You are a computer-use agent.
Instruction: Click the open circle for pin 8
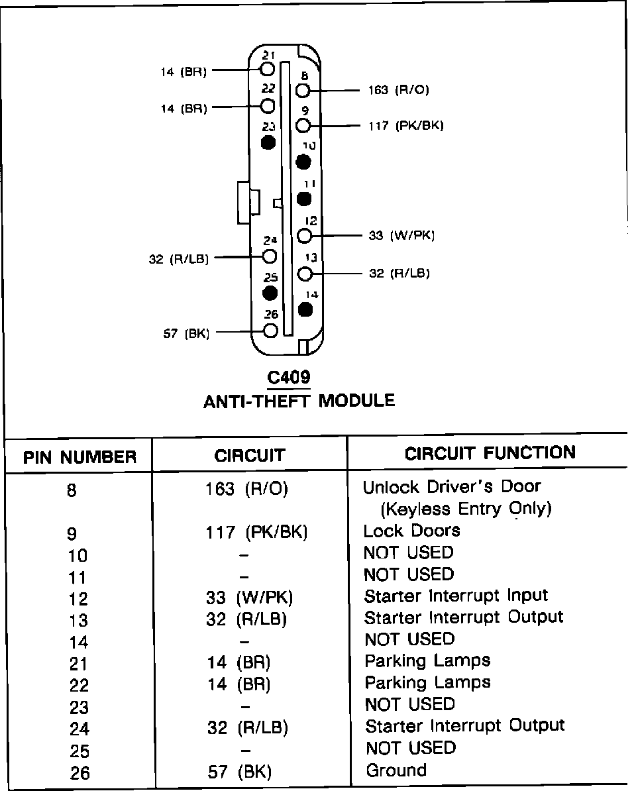(303, 91)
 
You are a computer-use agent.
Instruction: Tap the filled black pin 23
(268, 142)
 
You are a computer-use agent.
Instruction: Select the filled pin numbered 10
(303, 161)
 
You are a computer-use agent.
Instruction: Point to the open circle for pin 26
(270, 331)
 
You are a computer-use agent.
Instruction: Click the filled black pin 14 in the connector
(305, 309)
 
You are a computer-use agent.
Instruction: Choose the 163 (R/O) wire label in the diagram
(398, 90)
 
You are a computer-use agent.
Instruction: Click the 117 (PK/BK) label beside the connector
(405, 126)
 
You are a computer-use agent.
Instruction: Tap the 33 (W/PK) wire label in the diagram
(401, 235)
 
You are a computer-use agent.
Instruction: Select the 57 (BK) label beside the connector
(186, 333)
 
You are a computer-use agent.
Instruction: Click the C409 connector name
(288, 378)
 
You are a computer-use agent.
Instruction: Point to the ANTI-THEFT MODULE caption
(299, 401)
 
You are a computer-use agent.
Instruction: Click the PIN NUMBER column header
(80, 457)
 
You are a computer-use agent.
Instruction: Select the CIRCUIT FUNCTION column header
(490, 453)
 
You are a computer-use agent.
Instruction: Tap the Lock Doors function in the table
(411, 531)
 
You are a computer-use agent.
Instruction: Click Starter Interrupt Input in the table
(456, 596)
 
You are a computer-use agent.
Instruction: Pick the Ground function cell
(396, 770)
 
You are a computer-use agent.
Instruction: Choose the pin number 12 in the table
(78, 599)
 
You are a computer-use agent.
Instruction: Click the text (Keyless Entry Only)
(466, 509)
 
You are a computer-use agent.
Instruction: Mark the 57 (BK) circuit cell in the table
(240, 772)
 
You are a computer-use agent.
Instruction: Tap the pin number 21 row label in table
(78, 664)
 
